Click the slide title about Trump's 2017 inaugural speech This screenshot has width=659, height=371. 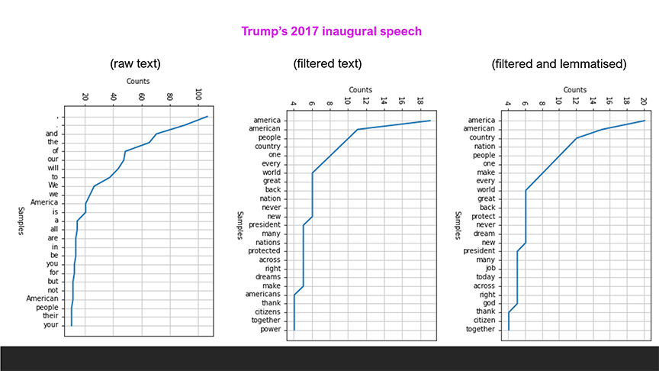point(331,31)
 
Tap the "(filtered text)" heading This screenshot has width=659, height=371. point(327,63)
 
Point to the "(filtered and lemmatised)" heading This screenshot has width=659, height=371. point(559,63)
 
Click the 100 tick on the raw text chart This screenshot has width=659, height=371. point(198,97)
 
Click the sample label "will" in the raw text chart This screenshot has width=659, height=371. point(53,168)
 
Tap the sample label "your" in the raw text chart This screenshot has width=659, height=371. point(52,324)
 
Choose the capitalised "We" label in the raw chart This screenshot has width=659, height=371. point(53,185)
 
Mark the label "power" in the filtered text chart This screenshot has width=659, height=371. point(270,330)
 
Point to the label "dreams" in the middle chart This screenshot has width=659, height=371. point(268,277)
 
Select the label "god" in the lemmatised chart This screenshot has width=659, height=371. point(489,304)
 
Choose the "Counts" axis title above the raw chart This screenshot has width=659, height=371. point(138,81)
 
